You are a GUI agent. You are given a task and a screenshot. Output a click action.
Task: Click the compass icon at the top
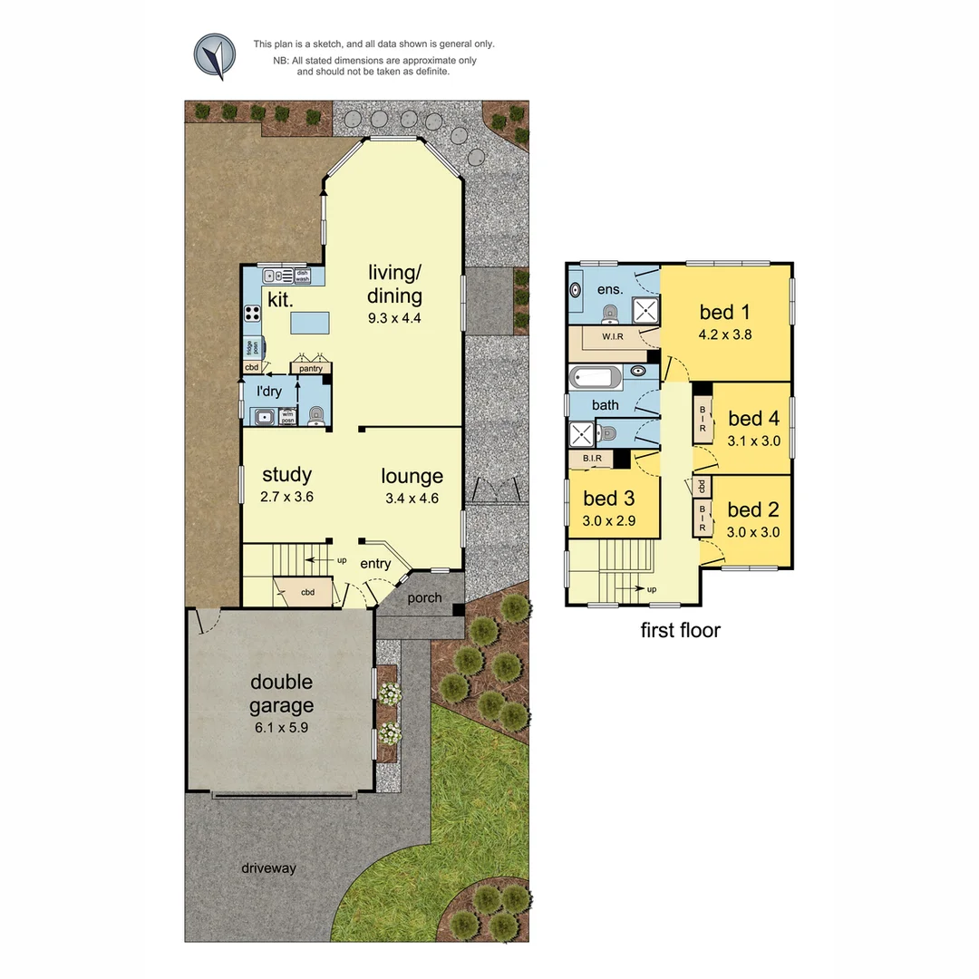(215, 55)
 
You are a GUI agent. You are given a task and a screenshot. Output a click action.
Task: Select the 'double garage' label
(281, 693)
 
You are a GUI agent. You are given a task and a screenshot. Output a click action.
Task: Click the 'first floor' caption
(680, 630)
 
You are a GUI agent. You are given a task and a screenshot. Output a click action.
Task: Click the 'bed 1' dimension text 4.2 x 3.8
(724, 334)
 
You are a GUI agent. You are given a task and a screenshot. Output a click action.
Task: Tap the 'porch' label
(424, 598)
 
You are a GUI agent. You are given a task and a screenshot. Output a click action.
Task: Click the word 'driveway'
(268, 868)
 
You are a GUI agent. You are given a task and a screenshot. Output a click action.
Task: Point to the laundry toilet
(315, 415)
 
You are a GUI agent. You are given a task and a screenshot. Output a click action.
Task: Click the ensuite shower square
(645, 311)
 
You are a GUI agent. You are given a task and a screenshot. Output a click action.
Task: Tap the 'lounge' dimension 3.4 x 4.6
(412, 498)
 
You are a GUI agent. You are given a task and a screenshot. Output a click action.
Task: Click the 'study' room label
(286, 475)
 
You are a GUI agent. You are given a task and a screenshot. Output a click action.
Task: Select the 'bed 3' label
(608, 498)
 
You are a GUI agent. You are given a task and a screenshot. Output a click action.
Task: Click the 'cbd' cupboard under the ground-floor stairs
(307, 592)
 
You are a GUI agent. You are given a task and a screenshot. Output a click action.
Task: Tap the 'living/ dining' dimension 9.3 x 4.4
(394, 318)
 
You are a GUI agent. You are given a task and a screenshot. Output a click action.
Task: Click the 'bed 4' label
(753, 418)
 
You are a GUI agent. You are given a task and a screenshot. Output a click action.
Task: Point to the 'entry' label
(375, 564)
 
